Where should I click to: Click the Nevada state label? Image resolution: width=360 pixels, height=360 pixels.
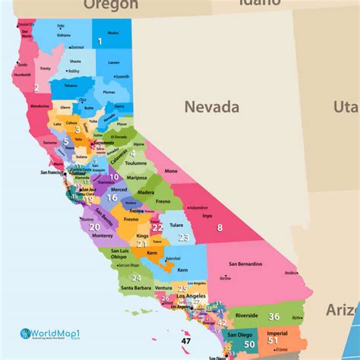[213, 107]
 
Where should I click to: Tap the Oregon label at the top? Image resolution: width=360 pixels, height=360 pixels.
[111, 5]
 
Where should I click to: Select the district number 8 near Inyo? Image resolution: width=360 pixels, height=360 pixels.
[220, 227]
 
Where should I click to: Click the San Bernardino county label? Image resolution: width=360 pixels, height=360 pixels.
[245, 264]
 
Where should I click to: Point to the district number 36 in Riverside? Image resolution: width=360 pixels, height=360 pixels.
[274, 316]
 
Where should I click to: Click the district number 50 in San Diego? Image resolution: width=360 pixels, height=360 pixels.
[250, 344]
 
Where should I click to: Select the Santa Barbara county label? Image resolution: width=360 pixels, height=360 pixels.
[137, 289]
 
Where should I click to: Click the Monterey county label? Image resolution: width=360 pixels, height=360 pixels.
[102, 236]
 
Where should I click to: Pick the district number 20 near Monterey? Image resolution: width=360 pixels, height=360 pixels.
[94, 226]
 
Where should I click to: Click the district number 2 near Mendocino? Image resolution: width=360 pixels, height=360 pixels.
[35, 87]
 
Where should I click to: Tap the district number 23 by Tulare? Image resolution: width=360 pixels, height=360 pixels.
[184, 237]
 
